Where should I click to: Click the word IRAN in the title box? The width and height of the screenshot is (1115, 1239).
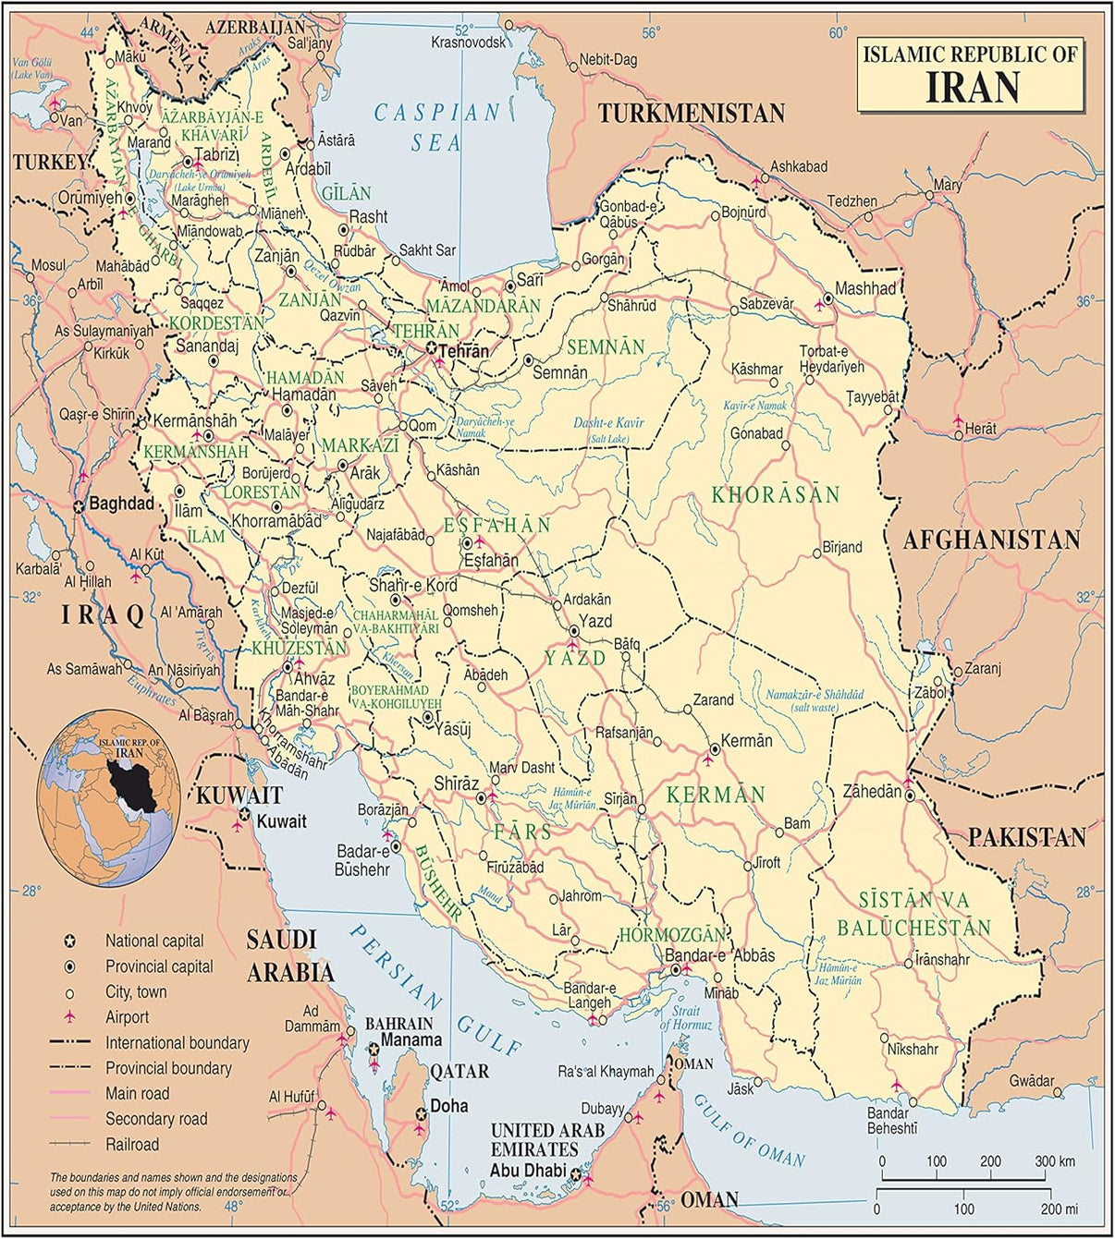point(973,87)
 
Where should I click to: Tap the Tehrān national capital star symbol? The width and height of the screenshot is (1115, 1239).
point(431,348)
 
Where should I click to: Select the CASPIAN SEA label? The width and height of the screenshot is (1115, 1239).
point(436,128)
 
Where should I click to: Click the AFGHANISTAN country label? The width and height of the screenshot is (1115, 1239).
point(991,541)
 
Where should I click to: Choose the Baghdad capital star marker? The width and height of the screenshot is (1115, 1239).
point(80,505)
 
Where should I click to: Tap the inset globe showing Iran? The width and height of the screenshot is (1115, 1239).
point(109,798)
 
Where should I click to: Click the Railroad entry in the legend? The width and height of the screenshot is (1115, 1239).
point(132,1145)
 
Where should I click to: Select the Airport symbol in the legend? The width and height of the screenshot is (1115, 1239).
point(68,1017)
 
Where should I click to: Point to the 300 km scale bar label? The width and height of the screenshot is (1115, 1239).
point(1055,1161)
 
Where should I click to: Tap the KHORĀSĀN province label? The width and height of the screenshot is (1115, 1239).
point(776,495)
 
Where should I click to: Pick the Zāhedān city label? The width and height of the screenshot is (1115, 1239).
point(871,791)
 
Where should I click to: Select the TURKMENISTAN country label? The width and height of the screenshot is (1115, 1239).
point(691,114)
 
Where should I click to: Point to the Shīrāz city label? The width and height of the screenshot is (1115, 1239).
point(456,783)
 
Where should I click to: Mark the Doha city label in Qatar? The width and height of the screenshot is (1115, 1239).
point(449,1106)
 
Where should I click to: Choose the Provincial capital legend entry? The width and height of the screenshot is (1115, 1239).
point(159,966)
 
